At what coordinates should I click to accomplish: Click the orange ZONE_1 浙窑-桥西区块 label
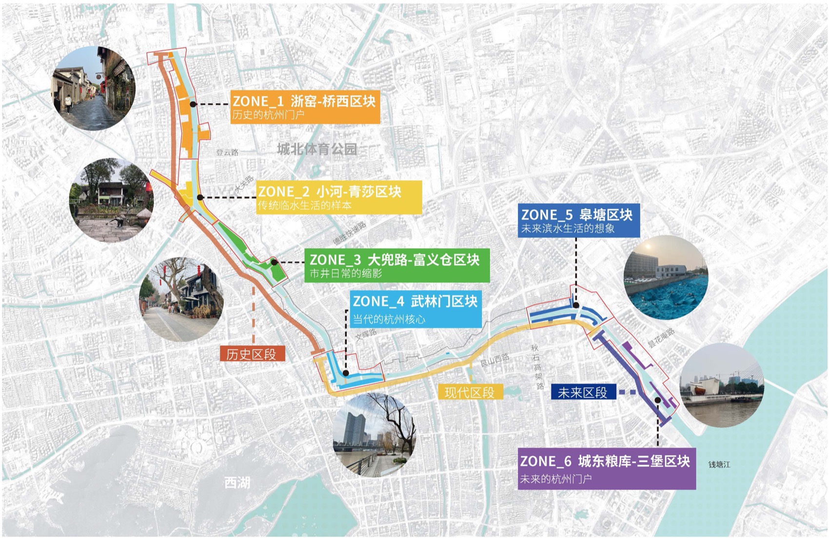[305, 106]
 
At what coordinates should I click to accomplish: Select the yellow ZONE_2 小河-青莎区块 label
[339, 197]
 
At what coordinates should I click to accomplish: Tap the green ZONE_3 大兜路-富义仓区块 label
[396, 265]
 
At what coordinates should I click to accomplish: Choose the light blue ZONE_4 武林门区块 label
[415, 309]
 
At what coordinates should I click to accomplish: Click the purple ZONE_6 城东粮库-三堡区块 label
[606, 468]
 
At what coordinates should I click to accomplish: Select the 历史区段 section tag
[252, 354]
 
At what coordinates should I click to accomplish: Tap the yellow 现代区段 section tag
[469, 392]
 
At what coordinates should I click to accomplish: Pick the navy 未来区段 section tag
[583, 392]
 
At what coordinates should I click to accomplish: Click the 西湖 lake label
[237, 482]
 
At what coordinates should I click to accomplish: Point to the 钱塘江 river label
[719, 464]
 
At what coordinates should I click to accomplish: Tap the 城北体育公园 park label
[317, 149]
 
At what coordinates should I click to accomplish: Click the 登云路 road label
[228, 153]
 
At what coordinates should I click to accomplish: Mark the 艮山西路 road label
[494, 360]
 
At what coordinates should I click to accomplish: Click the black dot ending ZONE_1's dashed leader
[193, 104]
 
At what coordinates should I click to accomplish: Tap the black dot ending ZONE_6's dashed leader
[658, 400]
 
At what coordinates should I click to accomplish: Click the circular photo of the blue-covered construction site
[666, 278]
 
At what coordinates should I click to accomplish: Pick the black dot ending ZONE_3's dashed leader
[275, 262]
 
